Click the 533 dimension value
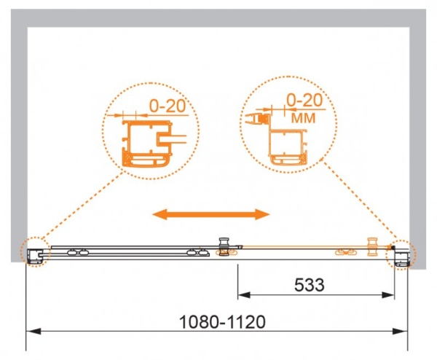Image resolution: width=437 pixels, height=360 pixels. (310, 285)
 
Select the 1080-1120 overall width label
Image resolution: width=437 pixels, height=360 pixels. (222, 322)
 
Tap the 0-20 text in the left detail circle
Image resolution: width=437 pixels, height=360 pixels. (168, 106)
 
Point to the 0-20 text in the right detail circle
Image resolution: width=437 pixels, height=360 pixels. (304, 100)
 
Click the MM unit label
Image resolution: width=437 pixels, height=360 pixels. (303, 118)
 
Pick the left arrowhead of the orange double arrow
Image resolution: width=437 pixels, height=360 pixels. (160, 214)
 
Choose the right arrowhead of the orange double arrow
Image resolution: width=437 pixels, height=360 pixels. (262, 214)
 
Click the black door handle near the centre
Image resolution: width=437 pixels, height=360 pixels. (224, 246)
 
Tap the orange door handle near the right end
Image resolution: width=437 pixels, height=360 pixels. (372, 246)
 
